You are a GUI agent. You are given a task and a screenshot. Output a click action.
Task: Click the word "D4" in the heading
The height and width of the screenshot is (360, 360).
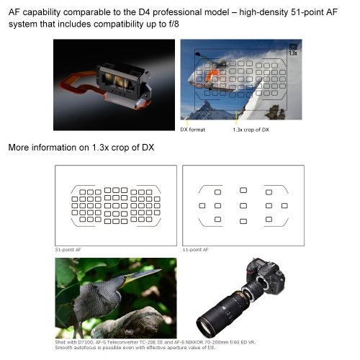[144, 12]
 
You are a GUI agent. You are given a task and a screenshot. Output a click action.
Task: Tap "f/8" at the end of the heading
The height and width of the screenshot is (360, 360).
[172, 24]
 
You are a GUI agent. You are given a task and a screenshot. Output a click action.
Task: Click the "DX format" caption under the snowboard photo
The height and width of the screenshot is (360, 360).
[193, 130]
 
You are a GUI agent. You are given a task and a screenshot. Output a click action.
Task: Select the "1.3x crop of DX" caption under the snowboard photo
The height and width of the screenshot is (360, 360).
[251, 130]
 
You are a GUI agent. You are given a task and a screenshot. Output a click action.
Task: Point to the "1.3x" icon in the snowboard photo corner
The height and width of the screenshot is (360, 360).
[293, 50]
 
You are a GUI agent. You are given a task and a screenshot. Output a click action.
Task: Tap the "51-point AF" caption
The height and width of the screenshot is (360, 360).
[68, 250]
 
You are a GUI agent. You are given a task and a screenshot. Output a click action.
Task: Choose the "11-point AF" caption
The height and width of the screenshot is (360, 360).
[196, 250]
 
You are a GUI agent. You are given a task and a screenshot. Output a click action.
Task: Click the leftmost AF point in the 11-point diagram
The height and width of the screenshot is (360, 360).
[202, 206]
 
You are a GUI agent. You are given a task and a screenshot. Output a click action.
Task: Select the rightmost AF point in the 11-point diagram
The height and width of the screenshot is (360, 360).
[284, 206]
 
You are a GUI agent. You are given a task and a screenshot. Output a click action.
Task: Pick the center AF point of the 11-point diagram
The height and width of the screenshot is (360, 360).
[243, 206]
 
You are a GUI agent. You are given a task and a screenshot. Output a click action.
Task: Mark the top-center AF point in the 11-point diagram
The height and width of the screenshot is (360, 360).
[243, 190]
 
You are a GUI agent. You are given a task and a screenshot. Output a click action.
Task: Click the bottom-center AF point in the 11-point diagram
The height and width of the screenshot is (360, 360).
[243, 221]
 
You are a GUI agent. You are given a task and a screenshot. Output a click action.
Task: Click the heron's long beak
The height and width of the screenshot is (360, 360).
[142, 276]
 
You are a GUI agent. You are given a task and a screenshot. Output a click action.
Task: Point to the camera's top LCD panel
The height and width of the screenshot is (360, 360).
[261, 263]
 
